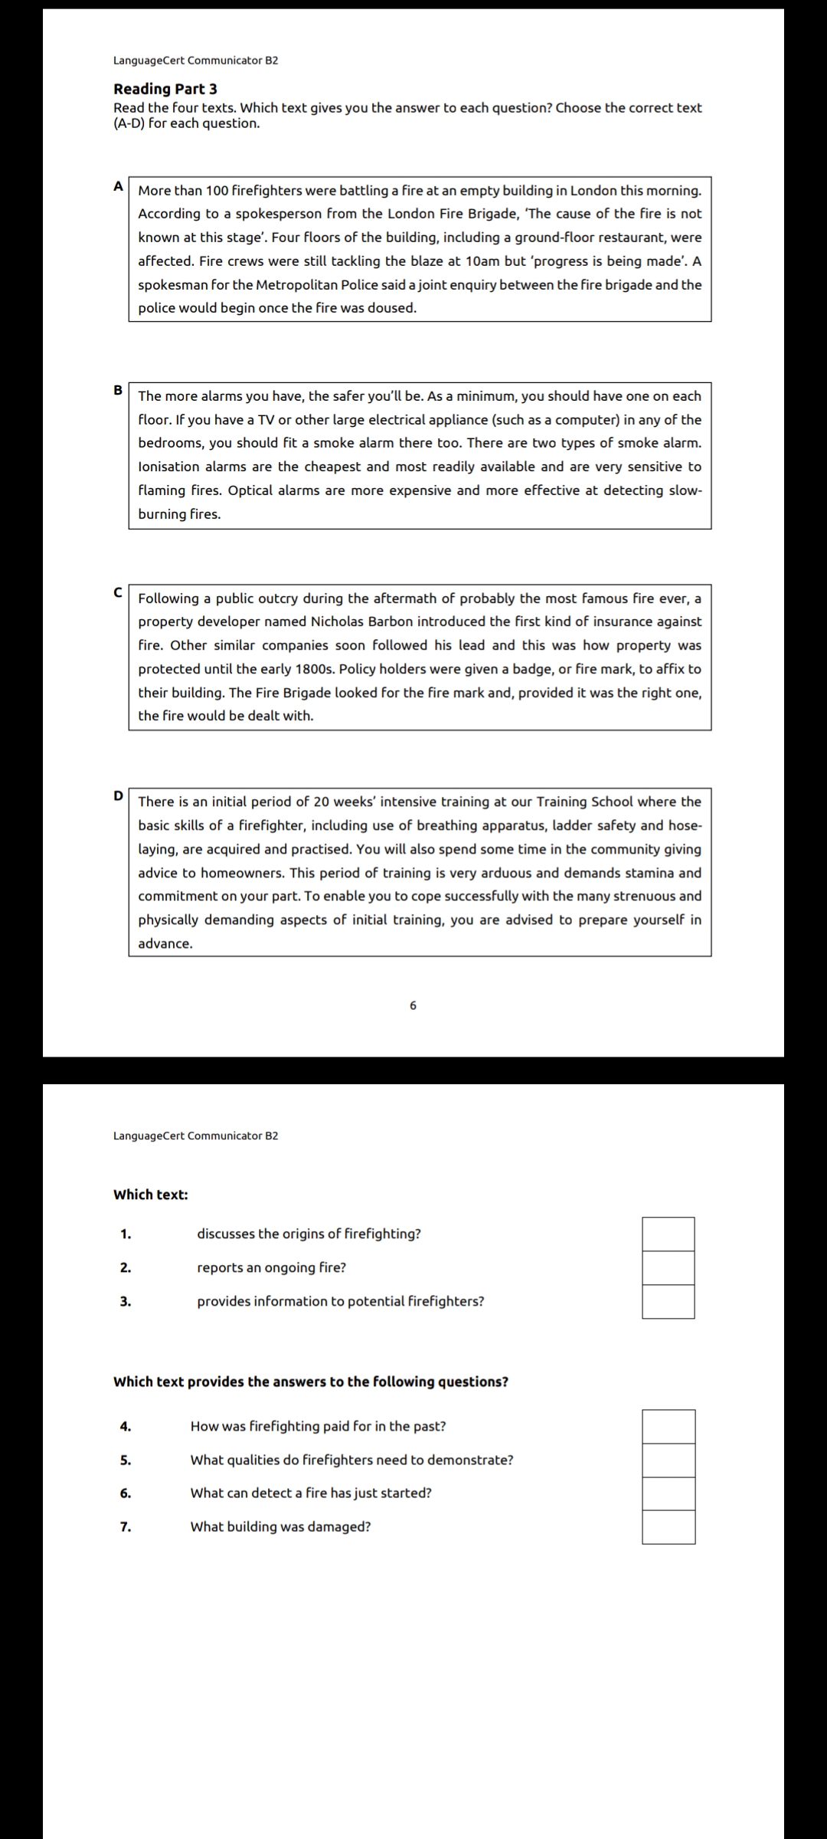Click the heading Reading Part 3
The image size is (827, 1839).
[165, 89]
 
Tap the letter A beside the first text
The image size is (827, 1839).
[119, 185]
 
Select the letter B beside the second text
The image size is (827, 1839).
[119, 390]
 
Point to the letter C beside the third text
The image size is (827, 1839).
[119, 592]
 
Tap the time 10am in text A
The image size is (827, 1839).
[482, 261]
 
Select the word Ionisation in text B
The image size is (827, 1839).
[168, 467]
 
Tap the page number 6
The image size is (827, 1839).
[413, 1005]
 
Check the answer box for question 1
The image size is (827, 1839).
[668, 1234]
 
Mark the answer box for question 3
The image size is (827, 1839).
[668, 1301]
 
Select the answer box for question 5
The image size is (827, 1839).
[668, 1460]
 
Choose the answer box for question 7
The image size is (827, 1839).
[668, 1526]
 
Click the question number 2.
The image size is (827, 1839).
[126, 1267]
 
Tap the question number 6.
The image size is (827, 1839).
[126, 1493]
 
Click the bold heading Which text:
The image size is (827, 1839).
[151, 1195]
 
